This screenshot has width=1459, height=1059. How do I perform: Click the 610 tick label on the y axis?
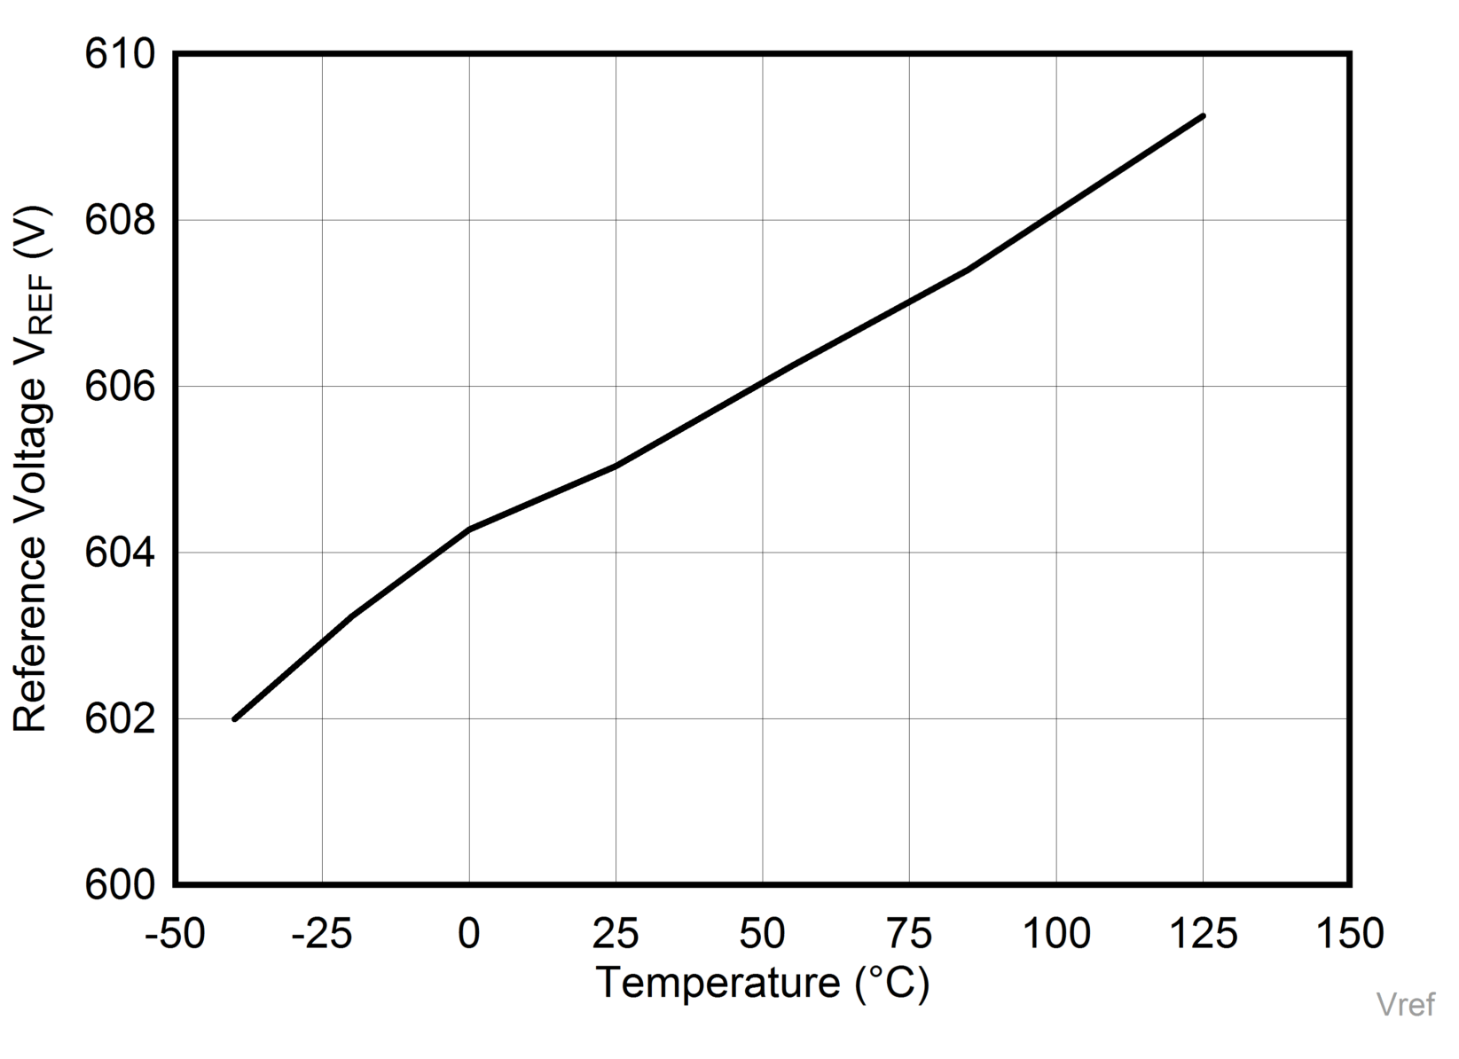[120, 55]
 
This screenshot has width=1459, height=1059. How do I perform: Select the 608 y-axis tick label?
[120, 221]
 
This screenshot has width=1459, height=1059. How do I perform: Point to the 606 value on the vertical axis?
[120, 387]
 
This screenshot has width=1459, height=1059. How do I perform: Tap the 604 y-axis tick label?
[120, 553]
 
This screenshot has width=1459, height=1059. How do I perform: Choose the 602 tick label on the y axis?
[120, 719]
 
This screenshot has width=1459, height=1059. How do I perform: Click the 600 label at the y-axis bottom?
[120, 885]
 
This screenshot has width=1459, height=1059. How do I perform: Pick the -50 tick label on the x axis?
[175, 934]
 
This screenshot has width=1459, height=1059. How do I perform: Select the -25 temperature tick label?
[322, 934]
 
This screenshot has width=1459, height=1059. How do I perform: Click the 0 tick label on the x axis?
[469, 934]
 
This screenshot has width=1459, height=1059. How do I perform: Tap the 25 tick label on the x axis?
[616, 934]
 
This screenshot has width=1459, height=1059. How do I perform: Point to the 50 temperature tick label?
[763, 934]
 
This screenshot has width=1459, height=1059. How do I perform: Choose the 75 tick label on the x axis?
[910, 934]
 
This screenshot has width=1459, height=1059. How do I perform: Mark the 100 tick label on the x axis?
[1056, 934]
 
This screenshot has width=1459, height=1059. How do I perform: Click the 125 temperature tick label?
[1204, 934]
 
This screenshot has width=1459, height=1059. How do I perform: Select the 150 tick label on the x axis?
[1350, 934]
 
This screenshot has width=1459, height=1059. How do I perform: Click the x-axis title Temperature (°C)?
[763, 984]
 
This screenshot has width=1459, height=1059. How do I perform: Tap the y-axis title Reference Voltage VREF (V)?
[32, 470]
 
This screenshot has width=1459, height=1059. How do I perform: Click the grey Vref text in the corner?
[1405, 1005]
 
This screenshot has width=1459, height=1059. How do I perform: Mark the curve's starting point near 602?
[235, 718]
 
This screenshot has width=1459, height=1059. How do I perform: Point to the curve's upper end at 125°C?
[1204, 116]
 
